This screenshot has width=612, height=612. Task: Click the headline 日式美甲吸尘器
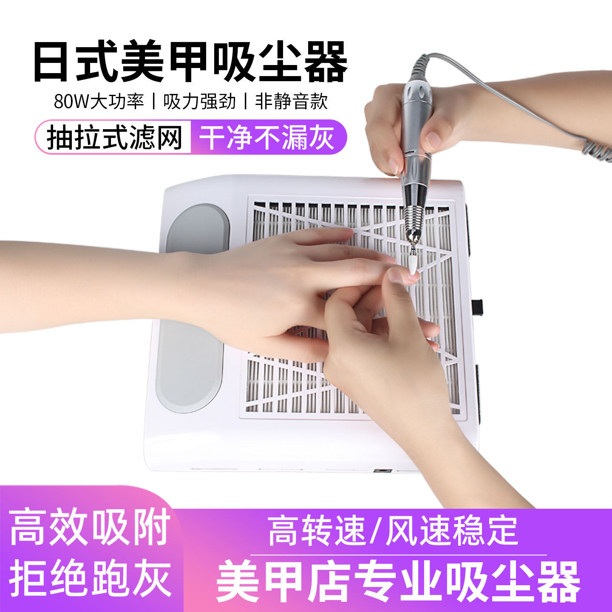pos(190,62)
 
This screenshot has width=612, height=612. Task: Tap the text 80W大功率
pos(99,102)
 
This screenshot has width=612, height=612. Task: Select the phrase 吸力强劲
pos(199,102)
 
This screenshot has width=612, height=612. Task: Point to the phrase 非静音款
pos(292,102)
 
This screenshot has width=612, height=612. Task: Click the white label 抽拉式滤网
pos(114,137)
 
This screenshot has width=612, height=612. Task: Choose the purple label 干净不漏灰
pos(267,137)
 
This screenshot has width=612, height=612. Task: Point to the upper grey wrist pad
pos(197,227)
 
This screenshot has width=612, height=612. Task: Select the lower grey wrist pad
pos(190,365)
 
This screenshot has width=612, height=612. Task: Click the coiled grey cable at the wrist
pos(597,149)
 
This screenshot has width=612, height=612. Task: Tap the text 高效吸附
pos(90,528)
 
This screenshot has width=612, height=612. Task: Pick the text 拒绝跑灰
pos(90,578)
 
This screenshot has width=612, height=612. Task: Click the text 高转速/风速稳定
pos(393,531)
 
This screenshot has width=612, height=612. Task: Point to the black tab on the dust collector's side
pos(478,305)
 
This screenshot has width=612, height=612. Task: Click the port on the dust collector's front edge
pos(382,471)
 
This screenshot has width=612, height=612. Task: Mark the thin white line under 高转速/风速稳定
pos(398,555)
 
